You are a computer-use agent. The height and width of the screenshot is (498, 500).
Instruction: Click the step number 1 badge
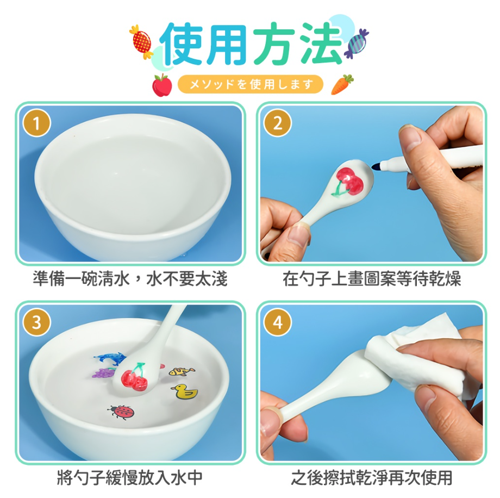(x=36, y=123)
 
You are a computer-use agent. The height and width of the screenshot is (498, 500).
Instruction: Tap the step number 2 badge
(x=277, y=123)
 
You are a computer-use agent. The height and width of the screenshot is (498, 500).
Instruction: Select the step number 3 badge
(x=36, y=322)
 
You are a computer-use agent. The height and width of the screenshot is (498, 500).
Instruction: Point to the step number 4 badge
(x=277, y=322)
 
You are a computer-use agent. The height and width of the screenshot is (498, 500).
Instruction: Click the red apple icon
(x=162, y=85)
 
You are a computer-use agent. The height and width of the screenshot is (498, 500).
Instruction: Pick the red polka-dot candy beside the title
(x=142, y=42)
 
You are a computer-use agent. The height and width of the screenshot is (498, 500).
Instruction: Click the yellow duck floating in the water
(x=185, y=391)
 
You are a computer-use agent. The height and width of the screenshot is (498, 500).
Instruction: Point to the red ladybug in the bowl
(x=122, y=412)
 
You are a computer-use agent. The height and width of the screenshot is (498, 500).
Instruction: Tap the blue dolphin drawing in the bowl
(x=109, y=358)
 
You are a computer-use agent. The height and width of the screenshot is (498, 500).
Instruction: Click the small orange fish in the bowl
(x=181, y=371)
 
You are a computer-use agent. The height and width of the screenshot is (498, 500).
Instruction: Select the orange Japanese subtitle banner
(x=251, y=85)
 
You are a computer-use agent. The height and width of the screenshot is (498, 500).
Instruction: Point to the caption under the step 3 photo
(x=130, y=477)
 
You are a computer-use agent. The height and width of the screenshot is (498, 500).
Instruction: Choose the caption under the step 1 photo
(x=130, y=278)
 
